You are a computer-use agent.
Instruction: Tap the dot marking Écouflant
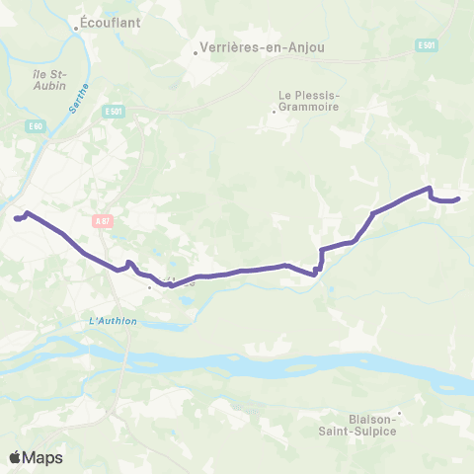(x=77, y=29)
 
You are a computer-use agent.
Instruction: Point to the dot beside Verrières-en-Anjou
(x=197, y=53)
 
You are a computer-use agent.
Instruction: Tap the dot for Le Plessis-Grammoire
(x=275, y=111)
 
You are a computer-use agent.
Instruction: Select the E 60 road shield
(x=36, y=126)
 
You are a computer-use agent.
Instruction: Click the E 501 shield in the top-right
(x=427, y=45)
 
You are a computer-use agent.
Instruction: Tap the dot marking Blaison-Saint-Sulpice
(x=399, y=413)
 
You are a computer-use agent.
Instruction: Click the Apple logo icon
(x=16, y=457)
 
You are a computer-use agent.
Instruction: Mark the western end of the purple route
(x=16, y=218)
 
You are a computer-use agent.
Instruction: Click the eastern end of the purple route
(x=459, y=199)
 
